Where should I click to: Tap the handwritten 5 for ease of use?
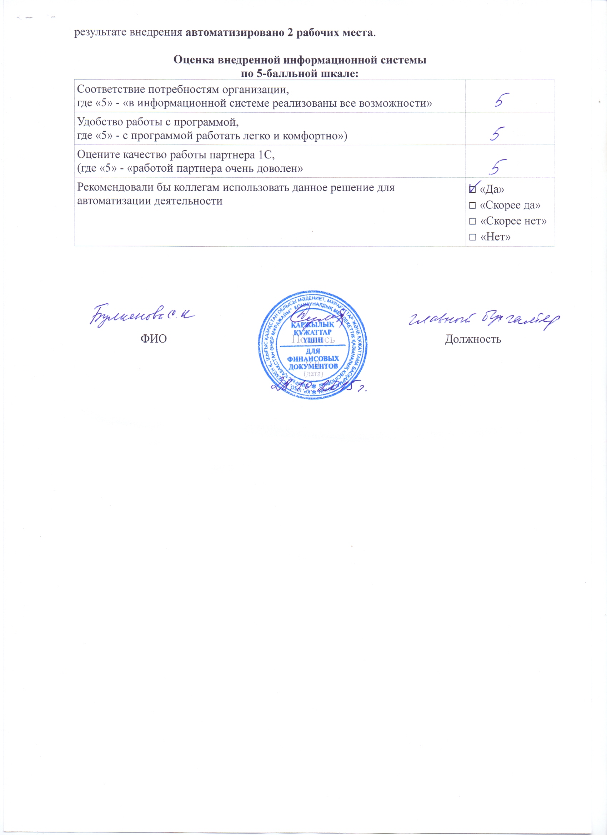click(497, 134)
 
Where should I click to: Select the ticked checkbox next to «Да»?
click(472, 189)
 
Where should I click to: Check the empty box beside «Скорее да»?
click(472, 205)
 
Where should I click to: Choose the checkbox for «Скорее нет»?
click(472, 221)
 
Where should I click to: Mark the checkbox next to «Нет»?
click(472, 237)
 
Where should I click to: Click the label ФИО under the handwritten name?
click(154, 339)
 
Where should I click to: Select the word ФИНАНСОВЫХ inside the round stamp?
click(313, 359)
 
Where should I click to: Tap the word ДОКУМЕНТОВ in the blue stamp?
click(313, 366)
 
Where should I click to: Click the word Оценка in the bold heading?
click(194, 60)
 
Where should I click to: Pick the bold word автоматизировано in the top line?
click(234, 32)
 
